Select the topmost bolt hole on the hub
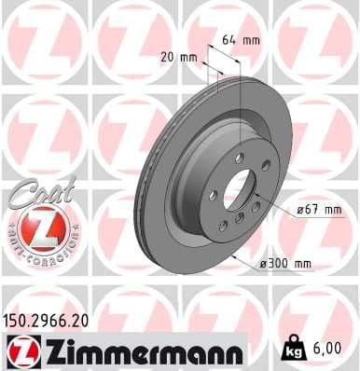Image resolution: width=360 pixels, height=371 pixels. coord(239,158)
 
